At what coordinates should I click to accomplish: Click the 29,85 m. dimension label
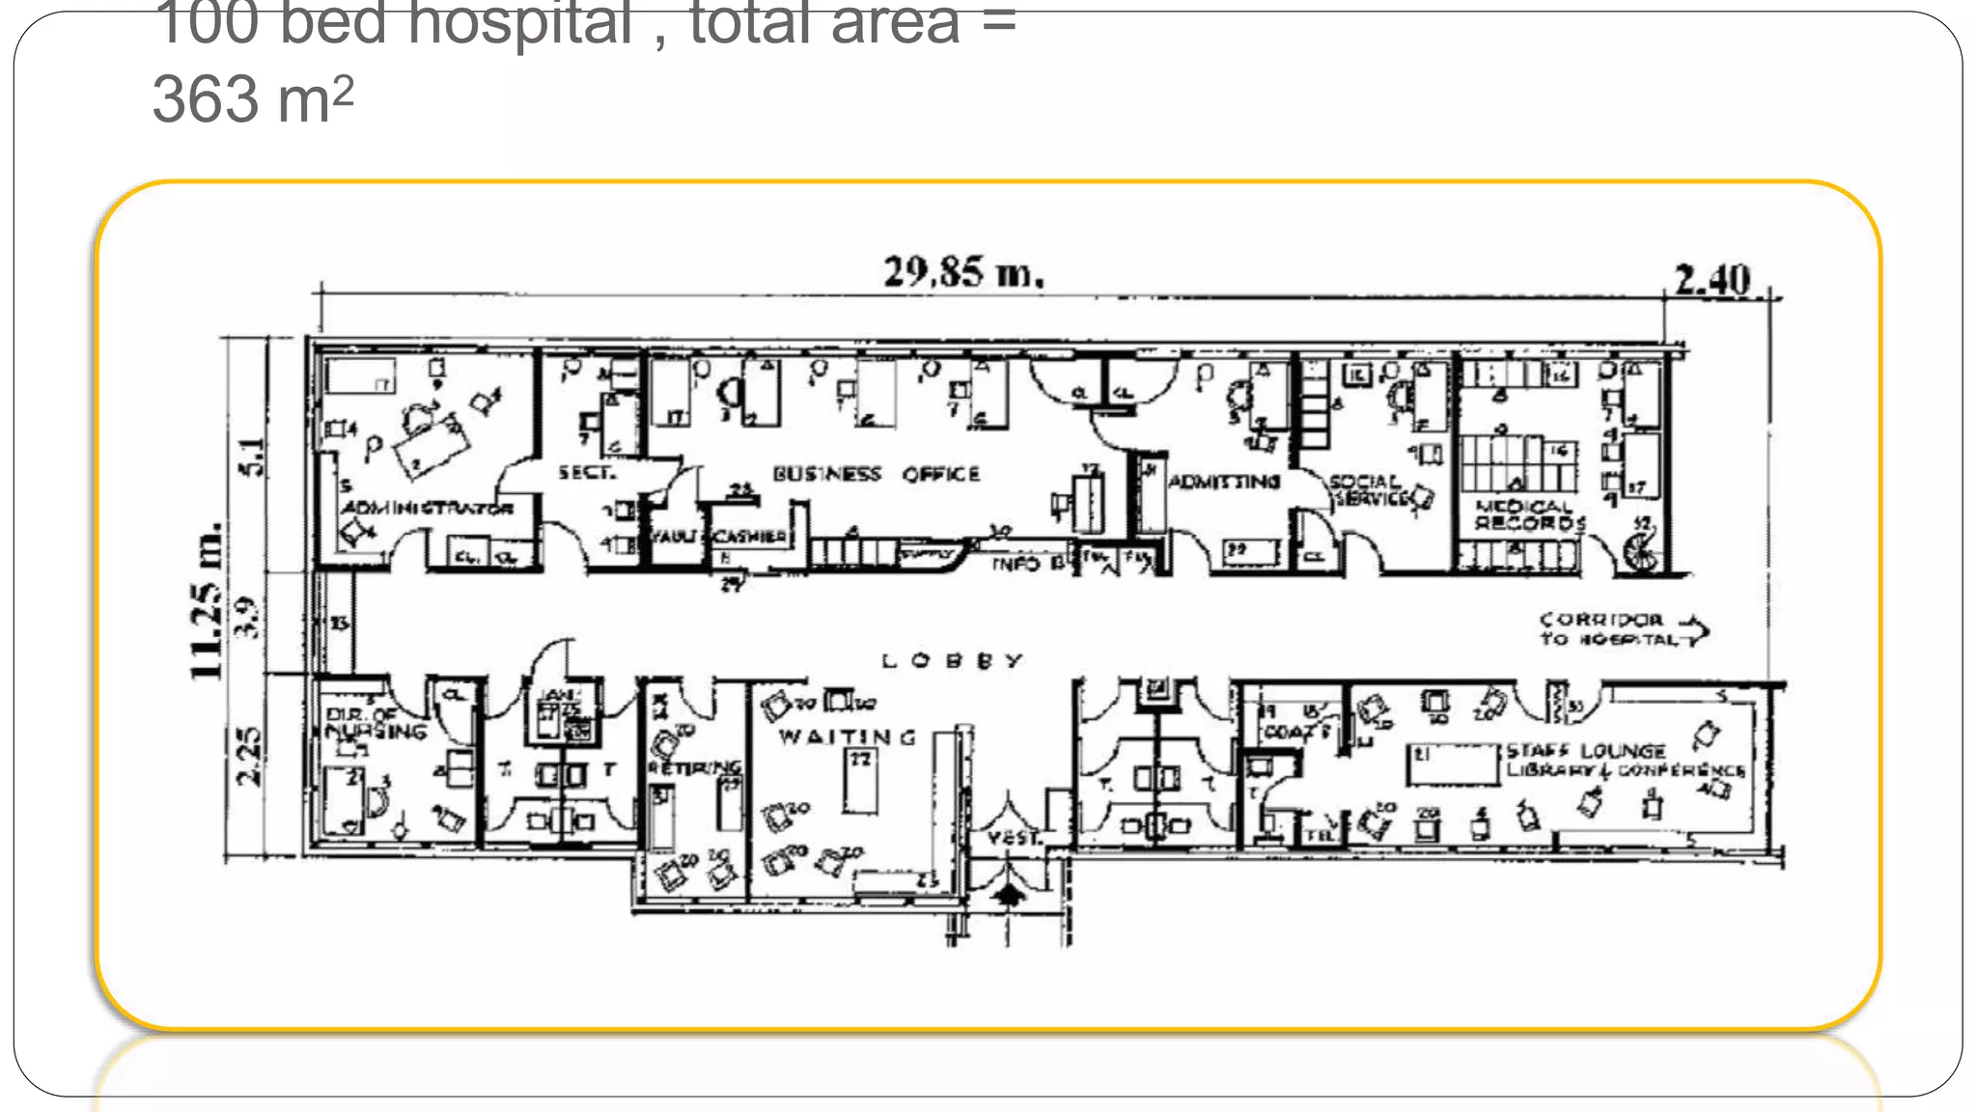(963, 272)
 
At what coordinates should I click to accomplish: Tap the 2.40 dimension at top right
(1712, 280)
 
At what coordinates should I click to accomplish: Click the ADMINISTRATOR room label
(427, 508)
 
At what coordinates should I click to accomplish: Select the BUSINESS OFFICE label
(876, 474)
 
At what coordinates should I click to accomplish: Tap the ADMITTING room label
(1224, 481)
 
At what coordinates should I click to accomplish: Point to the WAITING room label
(848, 737)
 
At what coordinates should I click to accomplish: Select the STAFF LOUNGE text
(1586, 750)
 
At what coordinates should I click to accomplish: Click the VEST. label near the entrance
(1014, 838)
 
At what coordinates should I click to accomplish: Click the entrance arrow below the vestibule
(1008, 895)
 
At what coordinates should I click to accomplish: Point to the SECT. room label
(585, 472)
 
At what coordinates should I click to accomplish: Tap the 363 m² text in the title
(253, 98)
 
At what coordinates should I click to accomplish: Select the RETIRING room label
(694, 768)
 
